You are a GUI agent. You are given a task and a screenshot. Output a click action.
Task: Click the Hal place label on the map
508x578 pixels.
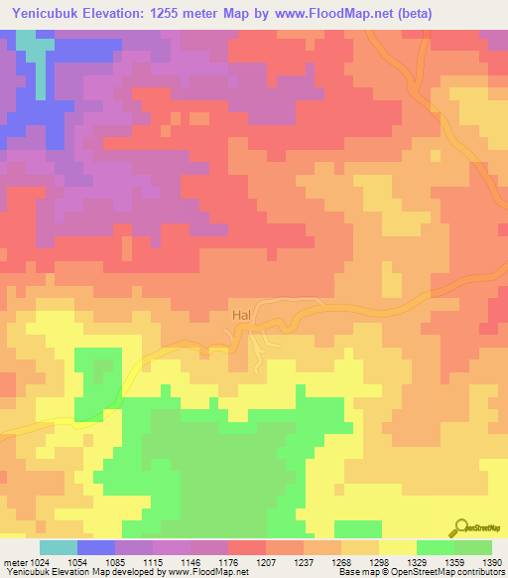click(241, 315)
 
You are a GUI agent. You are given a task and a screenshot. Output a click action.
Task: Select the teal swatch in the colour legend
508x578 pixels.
click(59, 547)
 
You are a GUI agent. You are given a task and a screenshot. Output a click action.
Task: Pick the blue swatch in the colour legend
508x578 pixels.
click(96, 547)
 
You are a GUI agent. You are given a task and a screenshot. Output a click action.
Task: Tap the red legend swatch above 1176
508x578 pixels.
click(247, 547)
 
